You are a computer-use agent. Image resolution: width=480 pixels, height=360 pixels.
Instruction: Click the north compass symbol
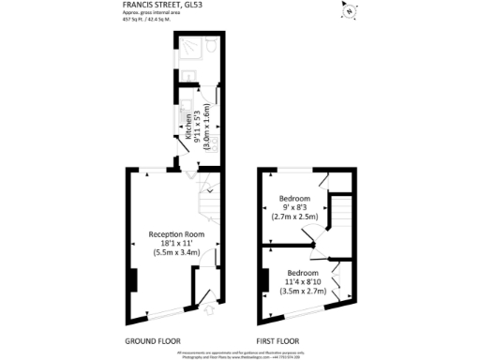click(350, 13)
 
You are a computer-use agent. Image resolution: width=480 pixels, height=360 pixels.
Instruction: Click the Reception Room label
click(176, 233)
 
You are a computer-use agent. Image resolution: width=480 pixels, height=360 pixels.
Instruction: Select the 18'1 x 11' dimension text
click(176, 244)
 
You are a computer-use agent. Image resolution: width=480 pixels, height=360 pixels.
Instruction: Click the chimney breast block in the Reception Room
click(134, 280)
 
